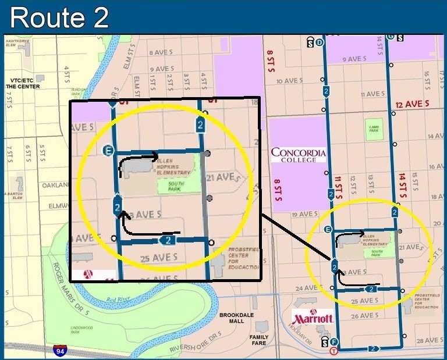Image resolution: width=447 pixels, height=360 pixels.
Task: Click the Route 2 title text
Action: point(59,17)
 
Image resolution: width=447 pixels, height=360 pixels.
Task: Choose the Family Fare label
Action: point(260,340)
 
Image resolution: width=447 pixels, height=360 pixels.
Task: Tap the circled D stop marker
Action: point(320,42)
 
